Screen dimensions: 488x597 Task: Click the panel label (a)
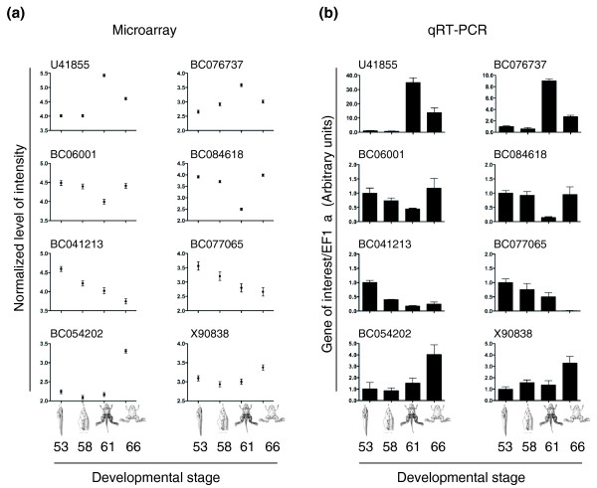(19, 16)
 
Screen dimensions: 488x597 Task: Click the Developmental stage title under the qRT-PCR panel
(446, 474)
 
